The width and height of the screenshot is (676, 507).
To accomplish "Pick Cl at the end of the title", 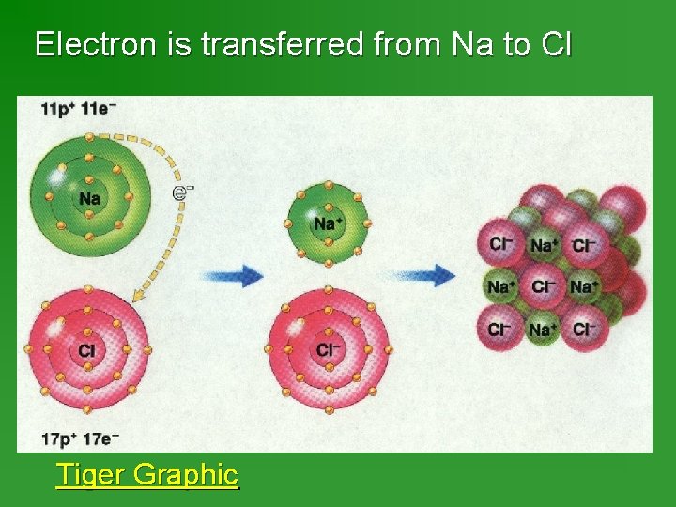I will (x=556, y=44).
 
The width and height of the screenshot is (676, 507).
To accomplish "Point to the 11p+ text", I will (x=57, y=109).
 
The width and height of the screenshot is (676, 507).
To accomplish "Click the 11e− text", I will (x=97, y=109).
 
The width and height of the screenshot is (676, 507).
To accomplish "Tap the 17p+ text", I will (x=57, y=438).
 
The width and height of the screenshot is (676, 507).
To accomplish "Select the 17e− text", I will (x=97, y=438).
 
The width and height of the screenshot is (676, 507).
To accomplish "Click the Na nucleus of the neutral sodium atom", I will (x=89, y=198).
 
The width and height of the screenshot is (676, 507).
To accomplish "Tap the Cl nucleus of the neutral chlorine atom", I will (x=88, y=350).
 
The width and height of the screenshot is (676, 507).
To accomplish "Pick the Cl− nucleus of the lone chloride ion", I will (x=328, y=349).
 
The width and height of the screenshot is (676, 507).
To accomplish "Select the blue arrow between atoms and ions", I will (x=231, y=276).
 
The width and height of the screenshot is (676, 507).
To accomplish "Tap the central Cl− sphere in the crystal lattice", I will (x=542, y=287).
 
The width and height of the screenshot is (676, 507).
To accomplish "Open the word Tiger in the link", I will (x=91, y=474).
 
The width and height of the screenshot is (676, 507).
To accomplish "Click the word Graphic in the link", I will (x=186, y=474).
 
